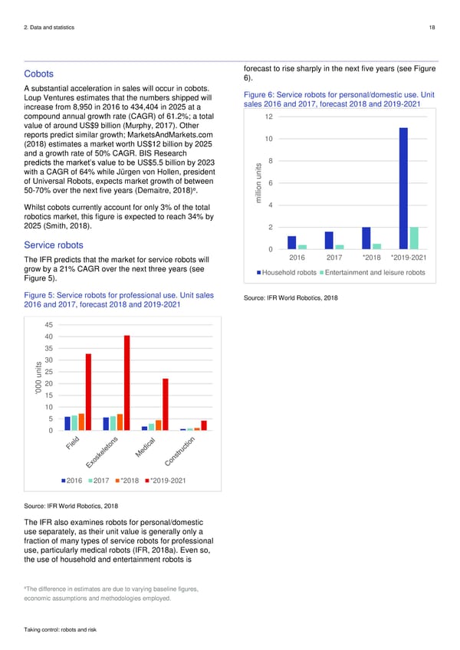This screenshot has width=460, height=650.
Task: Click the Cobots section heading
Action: coord(38,74)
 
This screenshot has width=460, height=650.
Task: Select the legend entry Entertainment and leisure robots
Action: coord(374,274)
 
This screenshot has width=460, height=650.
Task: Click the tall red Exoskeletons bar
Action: coord(127,383)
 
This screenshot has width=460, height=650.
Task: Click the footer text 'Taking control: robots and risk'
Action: coord(61,629)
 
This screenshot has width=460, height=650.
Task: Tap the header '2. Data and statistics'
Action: coord(50,28)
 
